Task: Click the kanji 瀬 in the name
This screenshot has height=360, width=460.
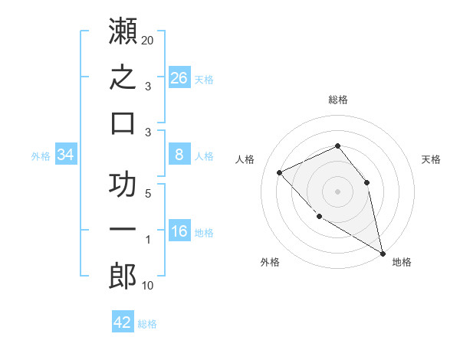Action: coord(123,31)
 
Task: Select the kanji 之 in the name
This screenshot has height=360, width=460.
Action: coord(123,77)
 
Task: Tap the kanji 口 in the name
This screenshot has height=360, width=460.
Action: coord(123,123)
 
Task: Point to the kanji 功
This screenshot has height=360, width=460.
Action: coord(123,184)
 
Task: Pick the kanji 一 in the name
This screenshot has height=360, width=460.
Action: coord(123,229)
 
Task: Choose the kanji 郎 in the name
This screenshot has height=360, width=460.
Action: coord(123,276)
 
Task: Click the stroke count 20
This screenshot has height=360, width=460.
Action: coord(147,41)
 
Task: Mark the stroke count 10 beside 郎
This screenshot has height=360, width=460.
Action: coord(147,286)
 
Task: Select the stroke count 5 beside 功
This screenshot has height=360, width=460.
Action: coord(148,194)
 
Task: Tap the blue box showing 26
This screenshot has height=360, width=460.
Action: coord(179,77)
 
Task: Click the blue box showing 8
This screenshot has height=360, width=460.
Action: coord(179,154)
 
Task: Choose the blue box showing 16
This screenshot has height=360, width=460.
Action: coord(179,230)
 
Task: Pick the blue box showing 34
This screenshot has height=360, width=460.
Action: coord(66,154)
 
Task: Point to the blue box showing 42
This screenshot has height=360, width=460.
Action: coord(123,321)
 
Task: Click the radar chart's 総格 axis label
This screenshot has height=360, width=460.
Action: coord(338,100)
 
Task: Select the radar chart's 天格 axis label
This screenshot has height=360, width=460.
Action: coord(431,159)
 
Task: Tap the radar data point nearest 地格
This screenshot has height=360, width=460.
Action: coord(383,254)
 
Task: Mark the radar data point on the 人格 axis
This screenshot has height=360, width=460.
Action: coord(280,172)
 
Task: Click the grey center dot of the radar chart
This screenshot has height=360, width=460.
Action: coord(337,191)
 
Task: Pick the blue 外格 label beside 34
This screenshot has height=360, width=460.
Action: coord(41,156)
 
